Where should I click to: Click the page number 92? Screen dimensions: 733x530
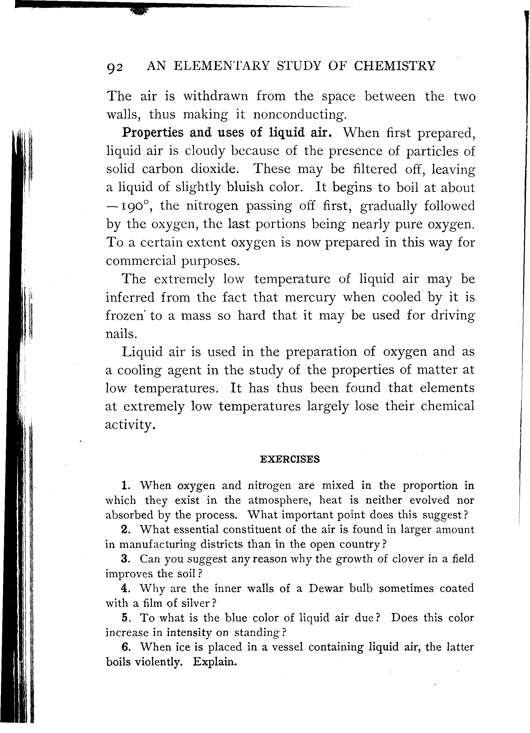115,68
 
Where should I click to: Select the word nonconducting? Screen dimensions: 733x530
299,115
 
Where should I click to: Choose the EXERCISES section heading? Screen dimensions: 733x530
289,459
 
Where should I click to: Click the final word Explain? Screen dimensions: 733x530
215,662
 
